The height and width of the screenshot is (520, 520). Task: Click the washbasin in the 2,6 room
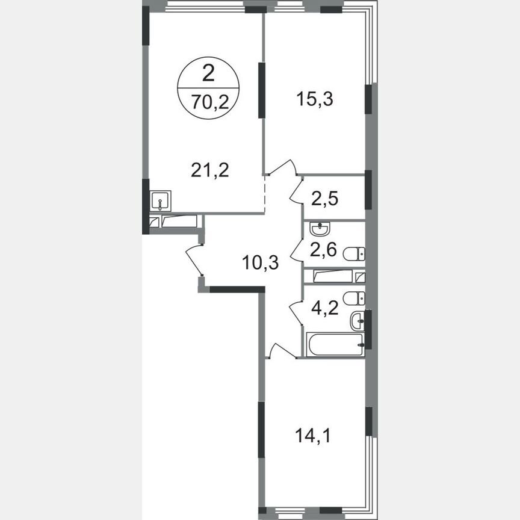click(319, 229)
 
